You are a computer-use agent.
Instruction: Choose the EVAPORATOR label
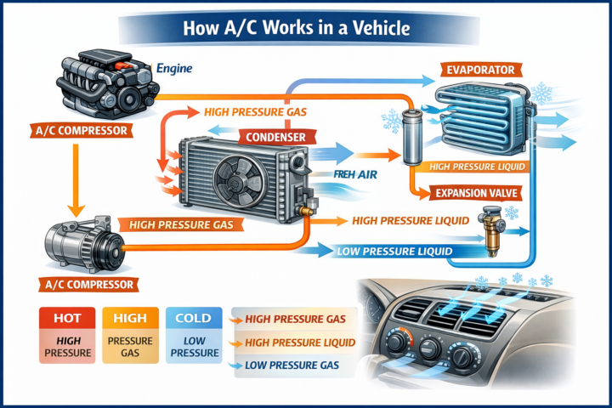[478, 67]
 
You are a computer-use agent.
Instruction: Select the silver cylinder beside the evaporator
[414, 136]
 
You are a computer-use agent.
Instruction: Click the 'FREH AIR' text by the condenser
[355, 177]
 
